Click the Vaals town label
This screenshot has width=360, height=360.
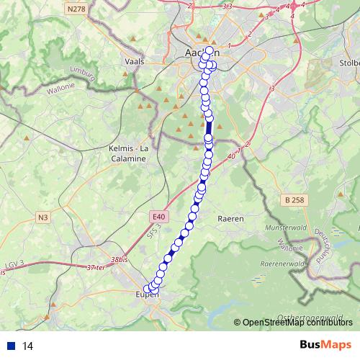(x=135, y=62)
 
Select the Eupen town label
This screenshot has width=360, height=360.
(x=146, y=294)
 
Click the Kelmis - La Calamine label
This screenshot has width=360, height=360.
(x=128, y=153)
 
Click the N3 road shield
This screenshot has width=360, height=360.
(x=44, y=217)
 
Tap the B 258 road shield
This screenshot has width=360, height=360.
(x=294, y=199)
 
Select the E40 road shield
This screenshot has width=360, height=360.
(x=159, y=215)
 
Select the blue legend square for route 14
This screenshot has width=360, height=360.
(x=11, y=346)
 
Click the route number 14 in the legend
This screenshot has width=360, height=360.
(x=28, y=346)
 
